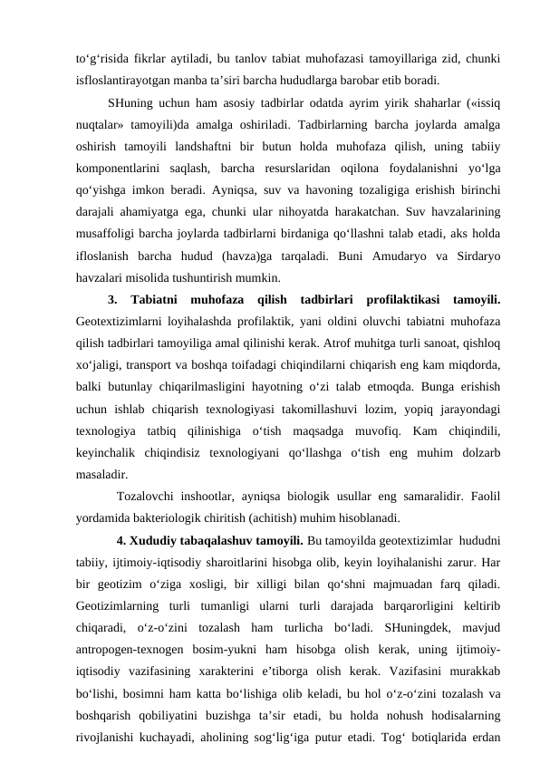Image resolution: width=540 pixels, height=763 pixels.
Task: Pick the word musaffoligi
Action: coord(110,236)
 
